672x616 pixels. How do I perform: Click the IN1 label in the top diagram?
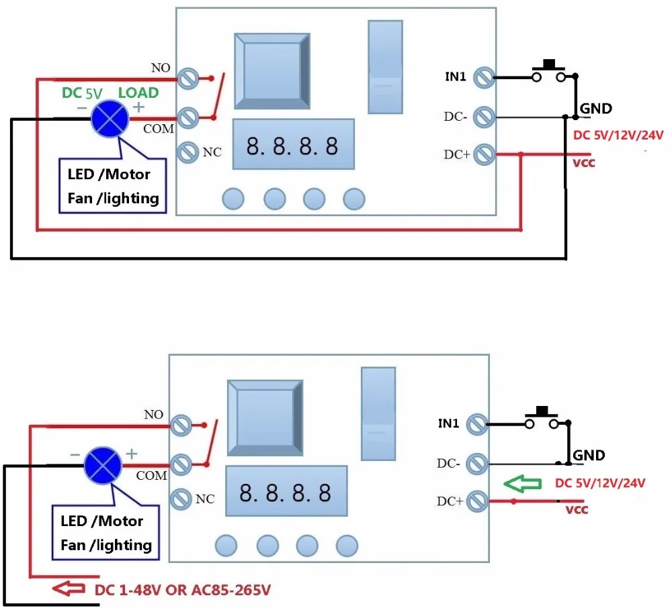[x=455, y=76]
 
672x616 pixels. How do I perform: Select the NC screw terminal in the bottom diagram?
[x=181, y=499]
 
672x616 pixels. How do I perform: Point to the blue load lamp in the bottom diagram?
[x=102, y=465]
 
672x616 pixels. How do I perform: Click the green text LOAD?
[x=138, y=93]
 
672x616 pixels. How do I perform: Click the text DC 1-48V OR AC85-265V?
[x=183, y=591]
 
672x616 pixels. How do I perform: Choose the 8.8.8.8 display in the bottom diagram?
[x=286, y=493]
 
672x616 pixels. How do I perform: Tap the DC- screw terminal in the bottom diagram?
[x=476, y=463]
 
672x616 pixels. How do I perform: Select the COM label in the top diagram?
[x=159, y=128]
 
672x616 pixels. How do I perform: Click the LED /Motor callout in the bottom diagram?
[x=101, y=521]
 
